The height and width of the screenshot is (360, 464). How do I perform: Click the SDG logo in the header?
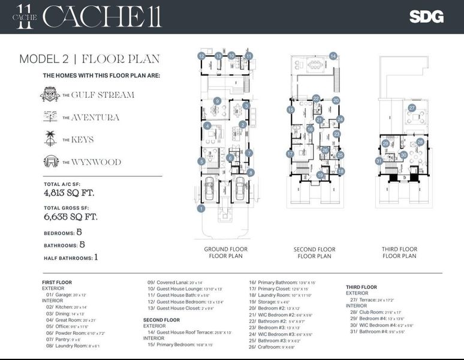426,17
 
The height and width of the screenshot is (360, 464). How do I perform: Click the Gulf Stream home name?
103,95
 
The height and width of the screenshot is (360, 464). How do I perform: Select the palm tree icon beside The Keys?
50,139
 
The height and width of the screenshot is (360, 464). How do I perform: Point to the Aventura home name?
95,117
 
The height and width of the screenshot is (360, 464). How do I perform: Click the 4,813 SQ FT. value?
69,193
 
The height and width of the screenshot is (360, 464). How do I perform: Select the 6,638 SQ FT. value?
70,217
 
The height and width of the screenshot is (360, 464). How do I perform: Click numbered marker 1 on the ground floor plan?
201,208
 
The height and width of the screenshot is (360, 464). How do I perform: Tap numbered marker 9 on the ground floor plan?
218,101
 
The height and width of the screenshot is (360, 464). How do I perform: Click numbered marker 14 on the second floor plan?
332,56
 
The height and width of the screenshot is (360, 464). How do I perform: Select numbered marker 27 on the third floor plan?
412,108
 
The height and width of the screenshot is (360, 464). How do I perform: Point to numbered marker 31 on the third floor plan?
379,160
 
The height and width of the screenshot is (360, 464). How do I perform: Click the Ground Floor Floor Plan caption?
225,253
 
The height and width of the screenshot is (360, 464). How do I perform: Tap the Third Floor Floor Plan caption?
399,253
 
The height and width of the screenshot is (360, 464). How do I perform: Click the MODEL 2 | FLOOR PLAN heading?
89,59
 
